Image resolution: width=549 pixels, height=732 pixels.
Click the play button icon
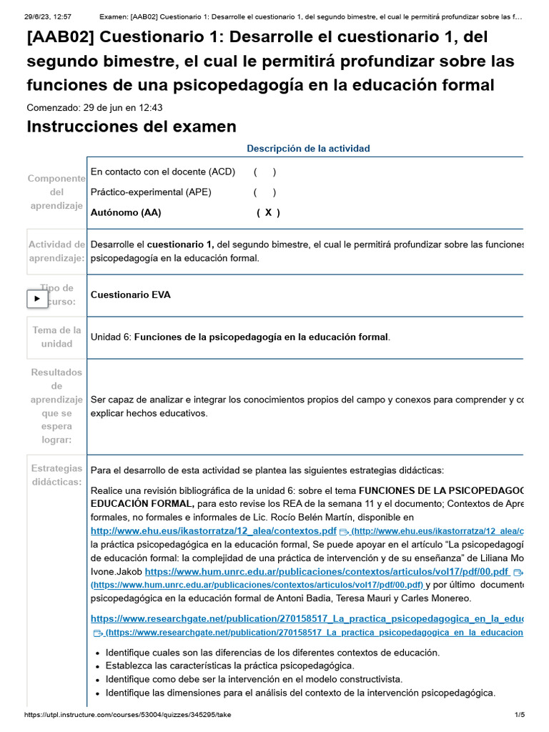37,298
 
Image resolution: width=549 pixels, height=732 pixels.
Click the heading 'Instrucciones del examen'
131,127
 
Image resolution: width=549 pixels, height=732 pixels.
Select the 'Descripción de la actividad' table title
308,149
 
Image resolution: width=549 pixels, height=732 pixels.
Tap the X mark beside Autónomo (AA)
268,212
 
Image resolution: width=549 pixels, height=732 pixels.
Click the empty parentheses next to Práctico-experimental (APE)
264,192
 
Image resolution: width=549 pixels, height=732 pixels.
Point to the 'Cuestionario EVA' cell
131,295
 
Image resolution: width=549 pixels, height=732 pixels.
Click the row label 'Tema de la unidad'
56,337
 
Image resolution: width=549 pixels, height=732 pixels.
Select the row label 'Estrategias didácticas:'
56,475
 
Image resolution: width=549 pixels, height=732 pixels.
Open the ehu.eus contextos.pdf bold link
213,531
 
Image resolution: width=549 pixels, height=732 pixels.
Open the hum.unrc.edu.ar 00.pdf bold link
327,572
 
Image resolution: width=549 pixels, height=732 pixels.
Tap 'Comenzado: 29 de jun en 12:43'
94,107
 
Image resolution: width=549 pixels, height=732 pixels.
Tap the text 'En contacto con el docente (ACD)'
163,172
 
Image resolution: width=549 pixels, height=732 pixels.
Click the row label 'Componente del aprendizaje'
56,192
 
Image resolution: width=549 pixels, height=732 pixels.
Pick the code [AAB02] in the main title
60,38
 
